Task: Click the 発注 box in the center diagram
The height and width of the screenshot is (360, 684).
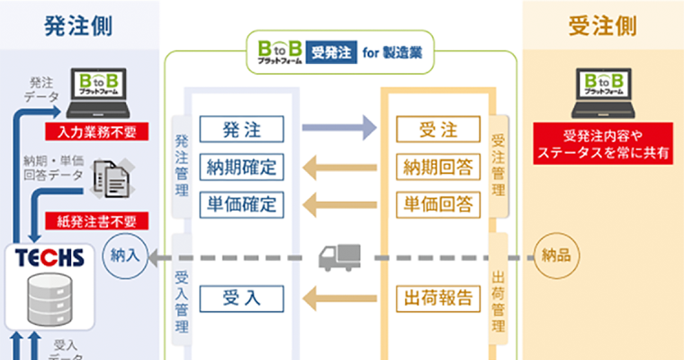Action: point(241,128)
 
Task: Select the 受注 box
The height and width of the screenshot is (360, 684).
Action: point(438,128)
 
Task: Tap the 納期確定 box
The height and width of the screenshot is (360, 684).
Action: point(241,166)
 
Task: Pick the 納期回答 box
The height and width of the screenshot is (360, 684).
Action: point(438,166)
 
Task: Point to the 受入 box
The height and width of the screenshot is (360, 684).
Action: point(241,297)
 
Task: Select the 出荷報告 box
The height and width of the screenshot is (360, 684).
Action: point(438,297)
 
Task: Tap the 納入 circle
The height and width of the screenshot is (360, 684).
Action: point(125,256)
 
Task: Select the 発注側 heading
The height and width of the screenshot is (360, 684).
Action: point(78,26)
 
